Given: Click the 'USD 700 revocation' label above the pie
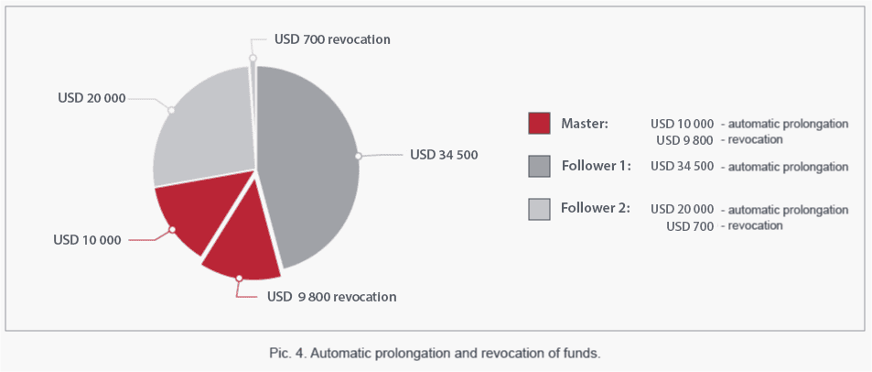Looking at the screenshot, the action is tap(332, 39).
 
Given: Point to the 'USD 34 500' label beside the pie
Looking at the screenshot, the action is tap(444, 155).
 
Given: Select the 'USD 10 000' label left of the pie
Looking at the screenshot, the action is tap(87, 241).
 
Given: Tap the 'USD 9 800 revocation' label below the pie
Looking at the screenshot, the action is tap(332, 296).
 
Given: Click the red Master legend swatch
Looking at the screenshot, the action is tap(540, 123).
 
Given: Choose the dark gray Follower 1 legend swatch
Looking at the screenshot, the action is tap(540, 166).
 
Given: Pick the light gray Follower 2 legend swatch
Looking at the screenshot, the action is tap(540, 209).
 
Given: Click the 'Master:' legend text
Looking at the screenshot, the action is tap(585, 123).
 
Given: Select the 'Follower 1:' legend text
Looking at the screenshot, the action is tap(596, 166).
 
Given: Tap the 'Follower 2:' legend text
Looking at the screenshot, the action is tap(596, 209).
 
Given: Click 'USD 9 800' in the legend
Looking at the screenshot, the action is tap(685, 140).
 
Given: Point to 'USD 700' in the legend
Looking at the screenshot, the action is tap(690, 226).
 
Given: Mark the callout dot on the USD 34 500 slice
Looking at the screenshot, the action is tap(359, 157).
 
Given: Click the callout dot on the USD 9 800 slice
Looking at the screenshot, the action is tap(240, 278).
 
